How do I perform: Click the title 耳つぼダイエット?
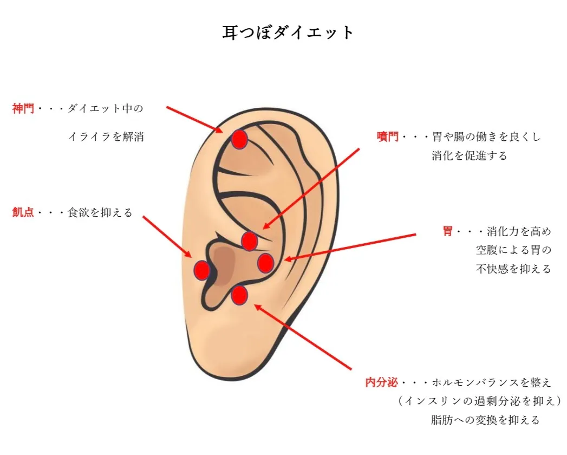(288, 32)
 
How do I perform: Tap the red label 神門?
(23, 109)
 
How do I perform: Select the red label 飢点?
(23, 212)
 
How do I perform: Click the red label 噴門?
(388, 137)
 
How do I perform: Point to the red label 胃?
(448, 232)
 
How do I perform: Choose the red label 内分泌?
(382, 383)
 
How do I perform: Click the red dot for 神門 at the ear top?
(239, 140)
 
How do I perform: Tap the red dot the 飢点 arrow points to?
(202, 270)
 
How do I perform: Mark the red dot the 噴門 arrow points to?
(249, 240)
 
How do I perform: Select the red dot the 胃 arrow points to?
(265, 263)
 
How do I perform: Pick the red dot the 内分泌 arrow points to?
(239, 295)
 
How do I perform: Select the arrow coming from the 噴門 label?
(311, 188)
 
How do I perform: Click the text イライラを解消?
(106, 137)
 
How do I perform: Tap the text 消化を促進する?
(470, 156)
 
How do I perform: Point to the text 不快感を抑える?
(513, 269)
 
